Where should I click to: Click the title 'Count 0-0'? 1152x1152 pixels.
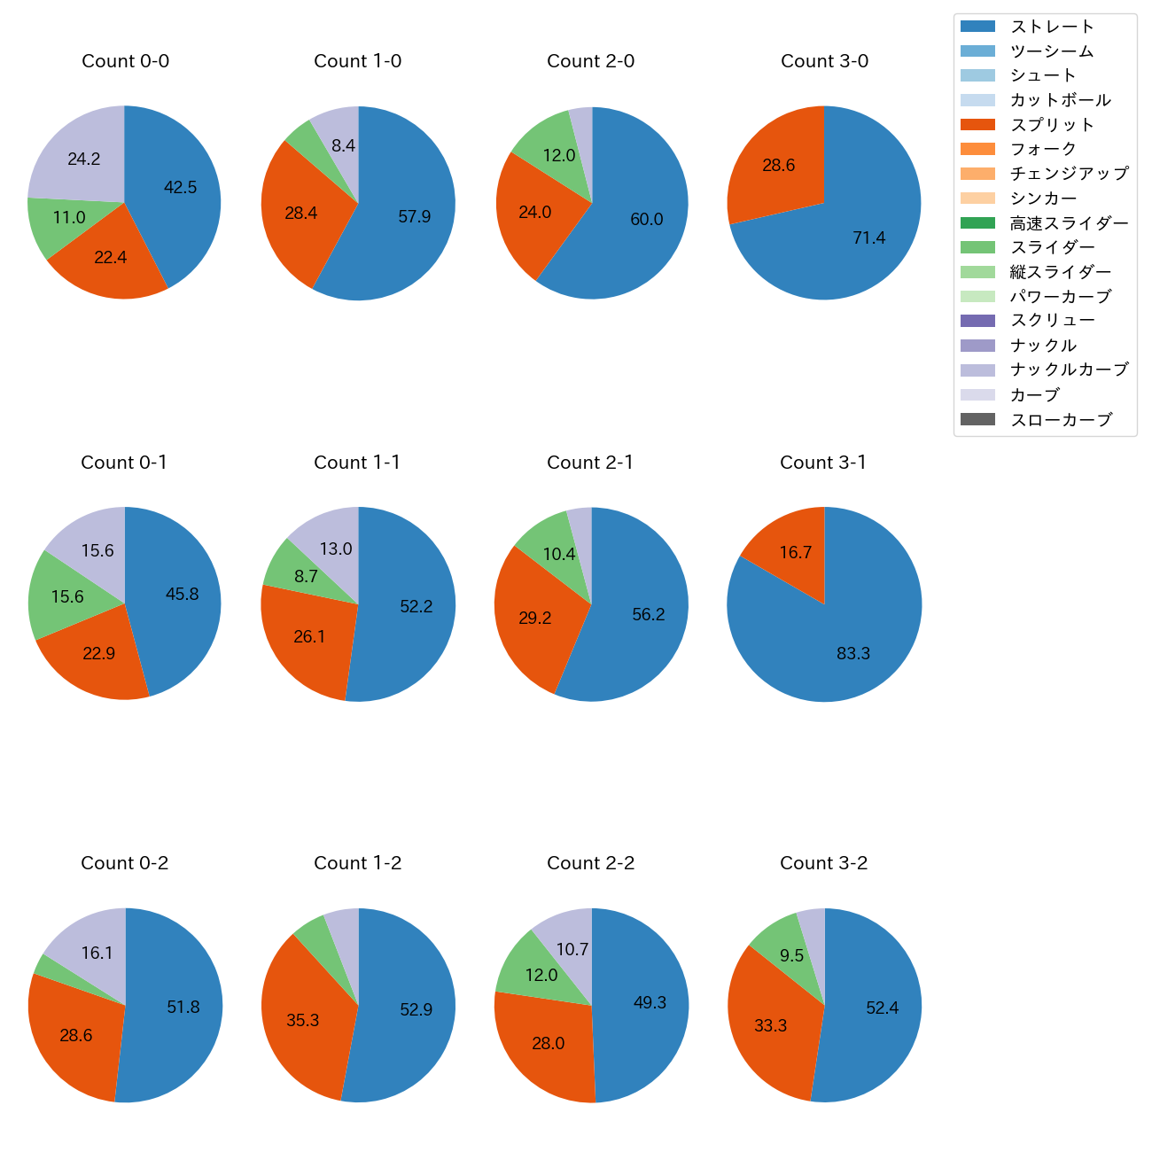click(x=125, y=61)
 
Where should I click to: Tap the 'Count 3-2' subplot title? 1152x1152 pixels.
click(x=823, y=863)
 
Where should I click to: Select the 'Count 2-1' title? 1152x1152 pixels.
click(x=590, y=463)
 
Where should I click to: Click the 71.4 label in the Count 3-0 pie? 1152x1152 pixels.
click(x=868, y=237)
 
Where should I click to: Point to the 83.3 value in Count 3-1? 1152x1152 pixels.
click(x=853, y=653)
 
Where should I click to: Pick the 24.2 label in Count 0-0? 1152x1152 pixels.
click(x=84, y=160)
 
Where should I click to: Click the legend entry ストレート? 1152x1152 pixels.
click(x=1052, y=27)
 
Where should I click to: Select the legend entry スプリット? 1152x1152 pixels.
click(x=1052, y=125)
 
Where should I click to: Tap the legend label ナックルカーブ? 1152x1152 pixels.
click(x=1069, y=370)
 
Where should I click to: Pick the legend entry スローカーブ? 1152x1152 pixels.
click(x=1061, y=419)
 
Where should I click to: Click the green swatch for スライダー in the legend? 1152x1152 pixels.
click(x=977, y=247)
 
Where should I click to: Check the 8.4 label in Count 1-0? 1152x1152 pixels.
click(x=343, y=145)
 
